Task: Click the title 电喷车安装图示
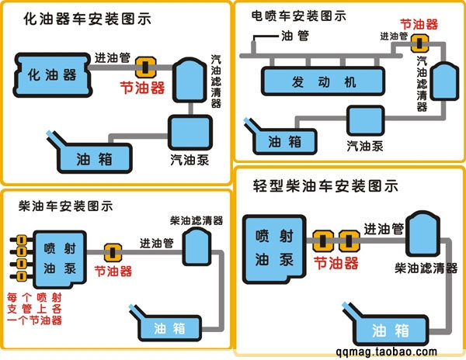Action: pos(299,15)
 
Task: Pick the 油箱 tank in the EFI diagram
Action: pos(283,140)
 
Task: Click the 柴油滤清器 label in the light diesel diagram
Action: pos(426,268)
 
